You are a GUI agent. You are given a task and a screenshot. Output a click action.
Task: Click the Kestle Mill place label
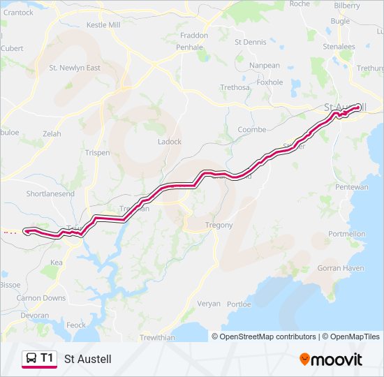click(103, 24)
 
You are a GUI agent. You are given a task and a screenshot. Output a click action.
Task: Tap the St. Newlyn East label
click(75, 68)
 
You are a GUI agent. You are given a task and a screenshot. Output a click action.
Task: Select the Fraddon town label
click(194, 35)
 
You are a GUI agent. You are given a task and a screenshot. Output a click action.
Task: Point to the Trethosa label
click(235, 87)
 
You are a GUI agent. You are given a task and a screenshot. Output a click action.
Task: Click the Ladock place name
click(170, 142)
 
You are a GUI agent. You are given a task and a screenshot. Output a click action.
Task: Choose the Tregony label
click(219, 225)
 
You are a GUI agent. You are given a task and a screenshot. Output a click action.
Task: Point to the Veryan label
click(208, 304)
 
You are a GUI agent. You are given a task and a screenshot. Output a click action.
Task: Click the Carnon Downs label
click(41, 298)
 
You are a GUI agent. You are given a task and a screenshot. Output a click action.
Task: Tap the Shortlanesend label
click(50, 193)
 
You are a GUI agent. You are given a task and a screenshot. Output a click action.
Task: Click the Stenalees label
click(339, 47)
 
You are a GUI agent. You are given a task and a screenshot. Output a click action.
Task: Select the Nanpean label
click(265, 65)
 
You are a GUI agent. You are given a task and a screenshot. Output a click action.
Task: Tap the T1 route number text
click(47, 358)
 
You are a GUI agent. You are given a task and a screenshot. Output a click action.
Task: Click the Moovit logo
click(331, 360)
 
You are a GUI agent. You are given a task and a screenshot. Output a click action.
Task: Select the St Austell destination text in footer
click(87, 360)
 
